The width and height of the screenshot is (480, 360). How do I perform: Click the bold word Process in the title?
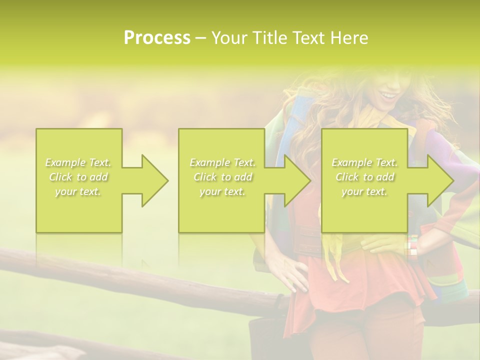[157, 38]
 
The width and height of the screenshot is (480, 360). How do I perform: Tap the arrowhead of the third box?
[439, 180]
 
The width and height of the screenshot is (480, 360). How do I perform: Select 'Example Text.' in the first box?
[78, 162]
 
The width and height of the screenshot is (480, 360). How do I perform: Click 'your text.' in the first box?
[78, 191]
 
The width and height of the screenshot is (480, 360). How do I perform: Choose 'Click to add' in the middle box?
[222, 177]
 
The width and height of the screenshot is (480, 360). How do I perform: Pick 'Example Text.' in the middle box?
[222, 162]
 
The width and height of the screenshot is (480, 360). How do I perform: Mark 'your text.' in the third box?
[364, 191]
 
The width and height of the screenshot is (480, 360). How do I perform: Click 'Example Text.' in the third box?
[364, 162]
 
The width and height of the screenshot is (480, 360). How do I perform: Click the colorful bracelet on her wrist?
[411, 245]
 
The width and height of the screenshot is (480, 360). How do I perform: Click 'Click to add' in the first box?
[78, 177]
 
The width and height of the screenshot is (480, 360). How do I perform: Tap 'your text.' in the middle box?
[222, 191]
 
